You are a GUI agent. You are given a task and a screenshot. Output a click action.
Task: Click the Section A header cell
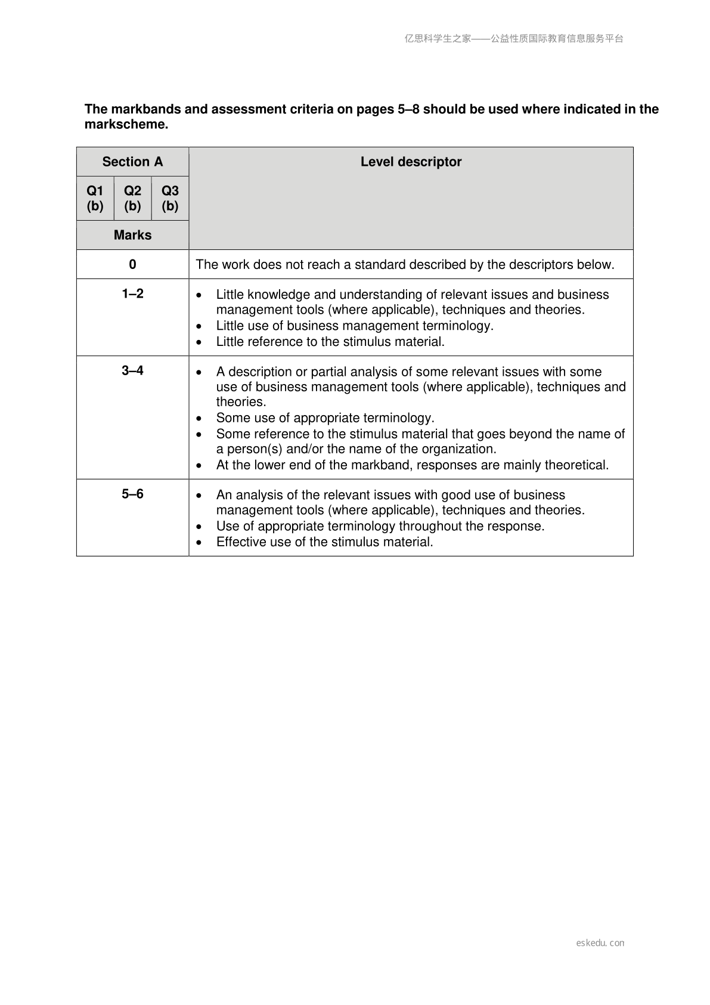point(132,162)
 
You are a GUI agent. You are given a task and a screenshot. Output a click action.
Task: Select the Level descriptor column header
point(411,162)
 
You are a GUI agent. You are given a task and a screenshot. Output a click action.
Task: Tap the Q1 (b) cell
point(95,198)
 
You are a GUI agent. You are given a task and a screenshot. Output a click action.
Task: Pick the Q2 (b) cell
point(132,198)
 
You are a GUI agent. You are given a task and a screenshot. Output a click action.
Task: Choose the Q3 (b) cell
point(170,198)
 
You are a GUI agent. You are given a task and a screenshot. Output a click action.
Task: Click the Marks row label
point(132,235)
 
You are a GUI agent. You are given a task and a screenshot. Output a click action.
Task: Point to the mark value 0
point(132,264)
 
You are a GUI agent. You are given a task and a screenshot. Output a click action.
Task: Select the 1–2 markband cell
point(132,293)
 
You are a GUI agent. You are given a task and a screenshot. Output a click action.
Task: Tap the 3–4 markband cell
point(132,370)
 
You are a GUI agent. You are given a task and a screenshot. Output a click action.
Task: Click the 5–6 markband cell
point(132,494)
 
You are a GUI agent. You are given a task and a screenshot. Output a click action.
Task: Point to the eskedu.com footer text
point(600,943)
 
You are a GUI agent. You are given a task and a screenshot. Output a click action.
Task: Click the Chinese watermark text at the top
point(514,39)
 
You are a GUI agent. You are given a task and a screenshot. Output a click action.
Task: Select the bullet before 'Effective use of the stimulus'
point(199,543)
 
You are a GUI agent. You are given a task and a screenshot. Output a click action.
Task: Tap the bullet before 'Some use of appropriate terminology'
point(199,419)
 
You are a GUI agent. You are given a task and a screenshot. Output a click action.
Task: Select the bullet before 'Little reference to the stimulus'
point(199,342)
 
